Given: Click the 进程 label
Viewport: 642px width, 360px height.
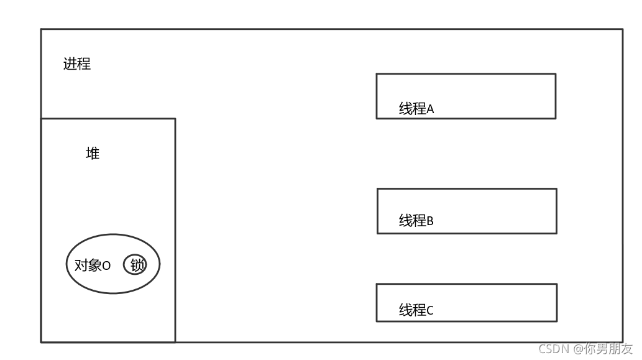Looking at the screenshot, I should [77, 64].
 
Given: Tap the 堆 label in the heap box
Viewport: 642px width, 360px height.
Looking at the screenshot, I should [93, 154].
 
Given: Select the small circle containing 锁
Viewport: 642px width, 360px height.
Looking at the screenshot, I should [136, 265].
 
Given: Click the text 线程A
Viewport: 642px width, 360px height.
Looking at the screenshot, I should [416, 109].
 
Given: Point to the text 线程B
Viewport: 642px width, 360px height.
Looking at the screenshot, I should [416, 220].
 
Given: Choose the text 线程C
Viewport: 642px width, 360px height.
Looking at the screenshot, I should [416, 310].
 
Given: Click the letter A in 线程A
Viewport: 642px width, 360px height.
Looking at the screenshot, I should [430, 109].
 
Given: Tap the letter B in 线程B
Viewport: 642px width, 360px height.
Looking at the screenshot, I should [430, 221].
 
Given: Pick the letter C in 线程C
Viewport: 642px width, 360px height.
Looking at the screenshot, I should [430, 311].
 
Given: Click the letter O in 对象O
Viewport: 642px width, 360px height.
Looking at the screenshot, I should [106, 266].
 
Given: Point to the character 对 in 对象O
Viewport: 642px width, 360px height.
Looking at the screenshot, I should [81, 265].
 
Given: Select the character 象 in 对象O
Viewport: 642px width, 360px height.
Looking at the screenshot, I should [94, 265].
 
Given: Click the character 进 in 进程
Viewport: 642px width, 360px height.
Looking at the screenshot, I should [70, 64].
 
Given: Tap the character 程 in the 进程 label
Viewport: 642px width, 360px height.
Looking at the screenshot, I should [84, 64].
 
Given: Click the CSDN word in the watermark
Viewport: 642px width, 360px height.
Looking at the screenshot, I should [553, 349].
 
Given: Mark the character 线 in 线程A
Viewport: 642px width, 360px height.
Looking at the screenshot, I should [405, 109].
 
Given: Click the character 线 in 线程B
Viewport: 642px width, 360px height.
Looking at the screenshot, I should [405, 220].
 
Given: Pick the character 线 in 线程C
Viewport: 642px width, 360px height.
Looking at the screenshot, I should [405, 310].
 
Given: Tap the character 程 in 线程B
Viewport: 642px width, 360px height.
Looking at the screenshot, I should [419, 220].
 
